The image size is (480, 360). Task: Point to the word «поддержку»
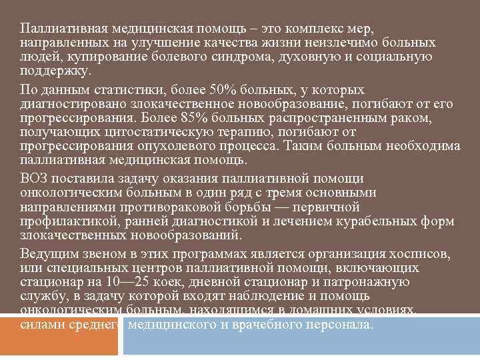coord(54,71)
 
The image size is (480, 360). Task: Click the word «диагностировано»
coord(70,104)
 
